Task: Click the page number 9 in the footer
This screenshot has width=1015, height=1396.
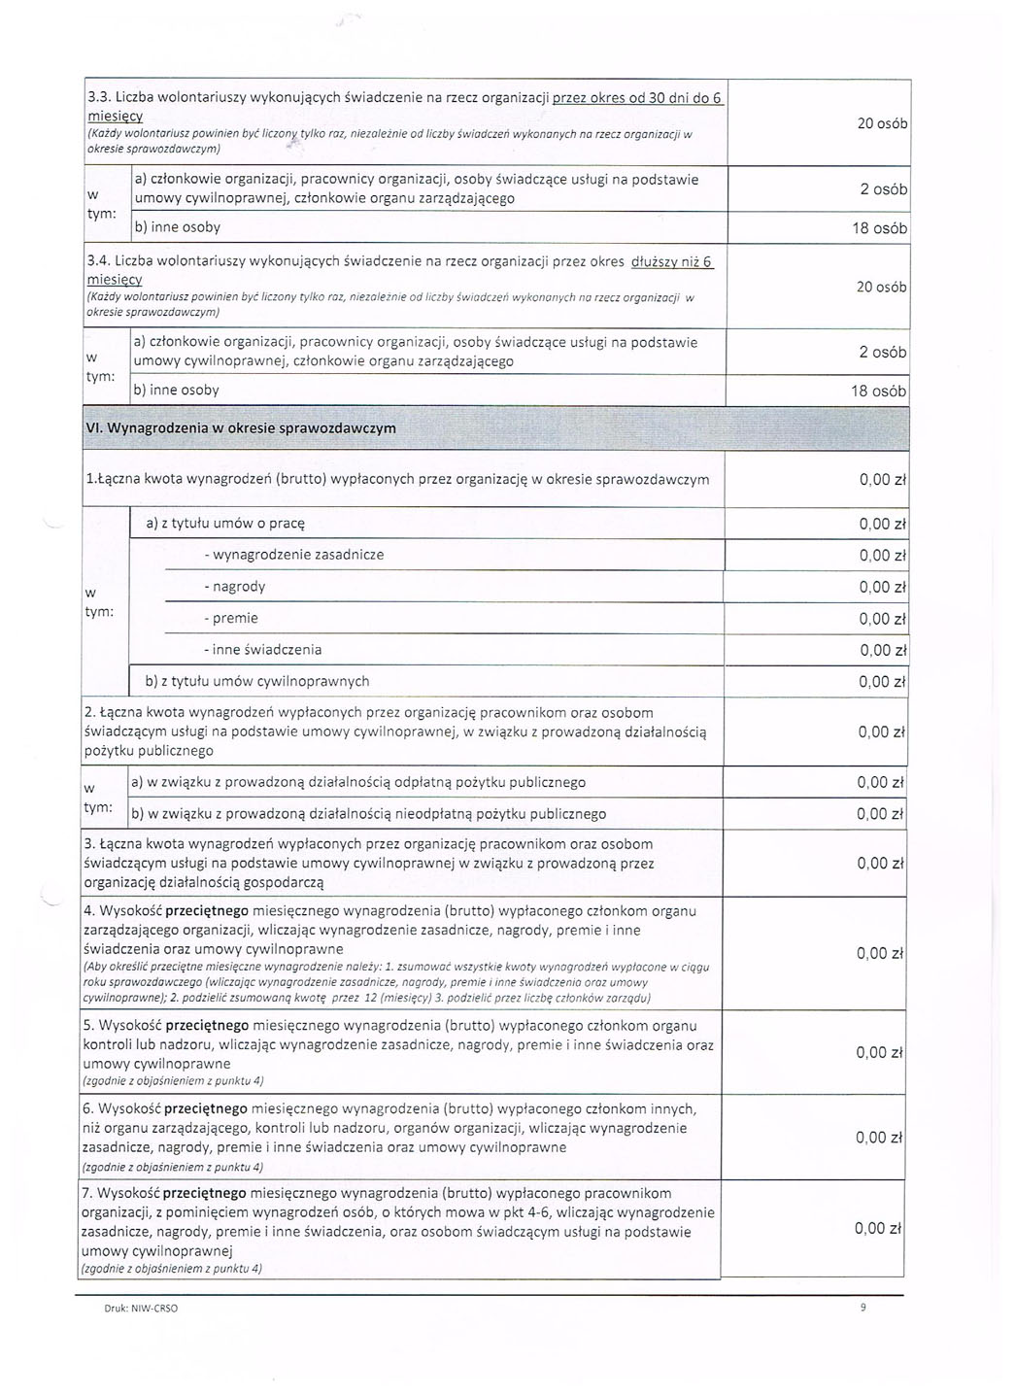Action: click(863, 1308)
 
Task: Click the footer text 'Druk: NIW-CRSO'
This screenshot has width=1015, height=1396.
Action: click(141, 1309)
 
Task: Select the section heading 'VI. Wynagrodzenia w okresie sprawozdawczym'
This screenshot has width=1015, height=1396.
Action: click(241, 429)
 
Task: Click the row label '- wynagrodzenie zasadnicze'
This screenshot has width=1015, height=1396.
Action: click(294, 555)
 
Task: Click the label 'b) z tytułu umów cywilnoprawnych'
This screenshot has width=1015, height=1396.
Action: click(256, 681)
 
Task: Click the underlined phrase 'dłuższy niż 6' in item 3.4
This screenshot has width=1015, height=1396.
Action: click(672, 261)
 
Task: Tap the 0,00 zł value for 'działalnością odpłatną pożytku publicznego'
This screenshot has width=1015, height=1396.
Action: click(880, 783)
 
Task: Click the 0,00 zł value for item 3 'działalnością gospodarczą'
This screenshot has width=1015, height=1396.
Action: click(880, 864)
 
